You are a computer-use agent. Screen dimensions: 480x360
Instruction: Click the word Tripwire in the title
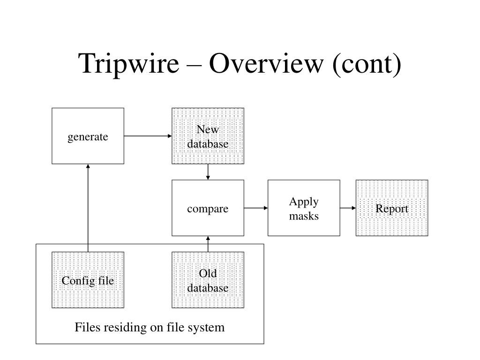tap(128, 64)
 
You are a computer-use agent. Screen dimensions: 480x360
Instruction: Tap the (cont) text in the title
tap(367, 64)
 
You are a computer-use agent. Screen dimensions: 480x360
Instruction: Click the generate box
tap(88, 136)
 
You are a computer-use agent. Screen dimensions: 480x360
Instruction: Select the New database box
tap(208, 136)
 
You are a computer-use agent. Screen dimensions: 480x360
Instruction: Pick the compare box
tap(208, 208)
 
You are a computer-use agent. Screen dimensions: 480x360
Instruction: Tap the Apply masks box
tap(304, 208)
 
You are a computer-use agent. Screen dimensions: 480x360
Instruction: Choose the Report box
tap(392, 208)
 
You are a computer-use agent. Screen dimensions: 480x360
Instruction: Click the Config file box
tap(88, 280)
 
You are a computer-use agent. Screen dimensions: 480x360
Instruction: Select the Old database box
tap(208, 280)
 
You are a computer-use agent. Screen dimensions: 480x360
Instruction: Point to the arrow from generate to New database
tap(148, 136)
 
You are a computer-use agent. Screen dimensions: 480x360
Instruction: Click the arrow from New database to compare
tap(208, 172)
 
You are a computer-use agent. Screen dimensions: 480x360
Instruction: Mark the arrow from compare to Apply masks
tap(256, 208)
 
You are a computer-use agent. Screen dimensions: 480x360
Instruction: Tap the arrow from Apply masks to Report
tap(348, 208)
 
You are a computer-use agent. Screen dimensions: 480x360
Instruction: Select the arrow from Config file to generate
tap(88, 208)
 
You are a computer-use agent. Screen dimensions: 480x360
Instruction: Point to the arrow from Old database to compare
tap(208, 244)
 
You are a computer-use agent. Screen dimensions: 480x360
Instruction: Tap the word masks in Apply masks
tap(304, 216)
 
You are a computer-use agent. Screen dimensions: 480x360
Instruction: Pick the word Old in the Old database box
tap(208, 273)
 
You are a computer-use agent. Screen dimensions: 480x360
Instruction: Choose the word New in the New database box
tap(208, 129)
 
